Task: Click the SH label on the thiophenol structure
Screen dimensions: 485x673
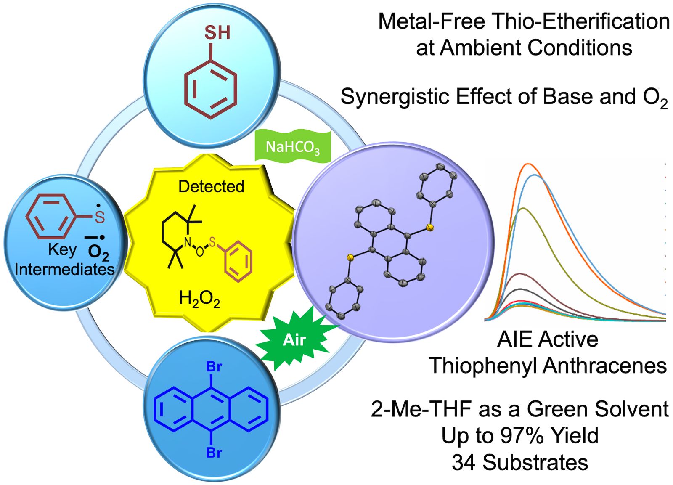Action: [217, 33]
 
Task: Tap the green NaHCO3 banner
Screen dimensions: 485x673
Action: [293, 147]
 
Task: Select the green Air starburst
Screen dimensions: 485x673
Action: [294, 339]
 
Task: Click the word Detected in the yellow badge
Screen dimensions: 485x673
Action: [211, 186]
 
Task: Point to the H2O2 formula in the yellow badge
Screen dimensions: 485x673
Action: [199, 299]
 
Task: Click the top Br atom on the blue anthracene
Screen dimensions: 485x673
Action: [214, 367]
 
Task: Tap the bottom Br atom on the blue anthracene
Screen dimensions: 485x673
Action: [214, 453]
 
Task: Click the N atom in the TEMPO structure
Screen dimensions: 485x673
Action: [188, 242]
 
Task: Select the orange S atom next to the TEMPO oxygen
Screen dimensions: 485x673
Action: [212, 242]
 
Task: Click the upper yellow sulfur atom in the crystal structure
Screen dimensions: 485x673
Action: [429, 228]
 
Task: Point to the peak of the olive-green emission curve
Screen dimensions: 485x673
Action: [523, 208]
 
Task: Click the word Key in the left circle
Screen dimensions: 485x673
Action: [62, 249]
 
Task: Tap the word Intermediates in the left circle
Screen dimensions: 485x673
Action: [64, 269]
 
